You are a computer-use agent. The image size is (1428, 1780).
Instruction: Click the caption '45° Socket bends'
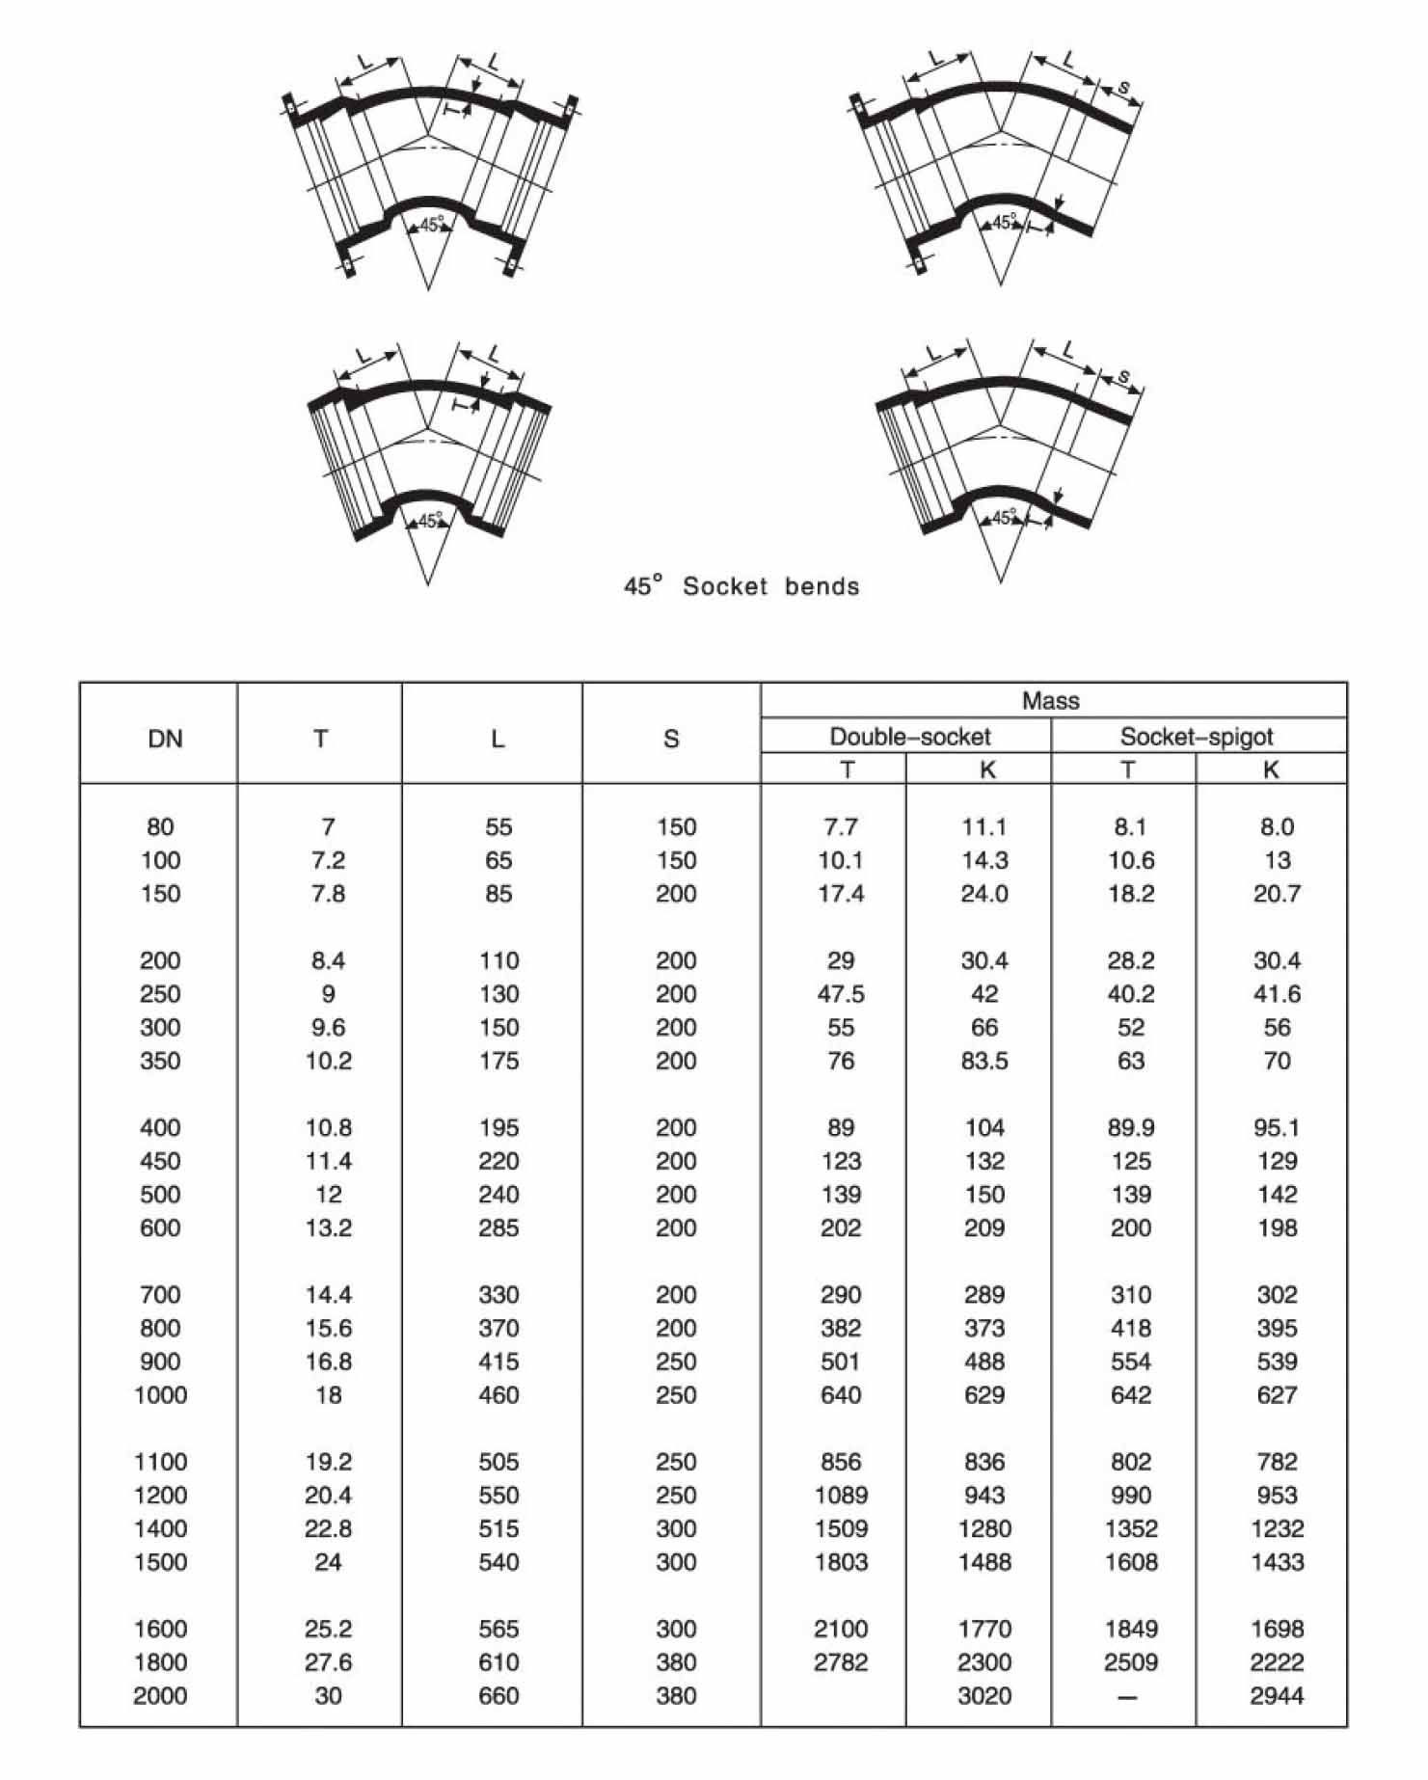(x=741, y=585)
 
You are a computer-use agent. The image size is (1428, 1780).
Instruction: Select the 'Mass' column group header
(x=1050, y=701)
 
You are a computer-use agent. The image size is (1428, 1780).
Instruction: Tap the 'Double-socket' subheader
(x=909, y=737)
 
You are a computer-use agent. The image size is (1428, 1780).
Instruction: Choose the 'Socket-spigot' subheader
(x=1196, y=737)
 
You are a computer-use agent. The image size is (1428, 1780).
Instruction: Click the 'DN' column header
(x=165, y=739)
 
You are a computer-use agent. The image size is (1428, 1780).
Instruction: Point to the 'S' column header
(x=671, y=739)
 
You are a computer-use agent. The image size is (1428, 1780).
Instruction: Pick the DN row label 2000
(x=160, y=1695)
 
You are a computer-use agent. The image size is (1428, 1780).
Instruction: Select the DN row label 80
(x=160, y=826)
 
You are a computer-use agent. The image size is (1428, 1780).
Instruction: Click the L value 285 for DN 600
(x=498, y=1227)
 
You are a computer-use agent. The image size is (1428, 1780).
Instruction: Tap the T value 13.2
(x=328, y=1227)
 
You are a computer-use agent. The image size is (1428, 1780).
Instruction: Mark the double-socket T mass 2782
(x=841, y=1661)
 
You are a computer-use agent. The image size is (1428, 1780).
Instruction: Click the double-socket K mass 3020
(x=984, y=1695)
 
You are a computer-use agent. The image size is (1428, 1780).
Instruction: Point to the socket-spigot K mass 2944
(x=1277, y=1695)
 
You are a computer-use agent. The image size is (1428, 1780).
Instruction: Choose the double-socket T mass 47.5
(x=841, y=993)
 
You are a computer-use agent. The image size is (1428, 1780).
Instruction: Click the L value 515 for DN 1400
(x=498, y=1528)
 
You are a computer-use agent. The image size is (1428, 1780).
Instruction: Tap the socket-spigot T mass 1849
(x=1131, y=1629)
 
